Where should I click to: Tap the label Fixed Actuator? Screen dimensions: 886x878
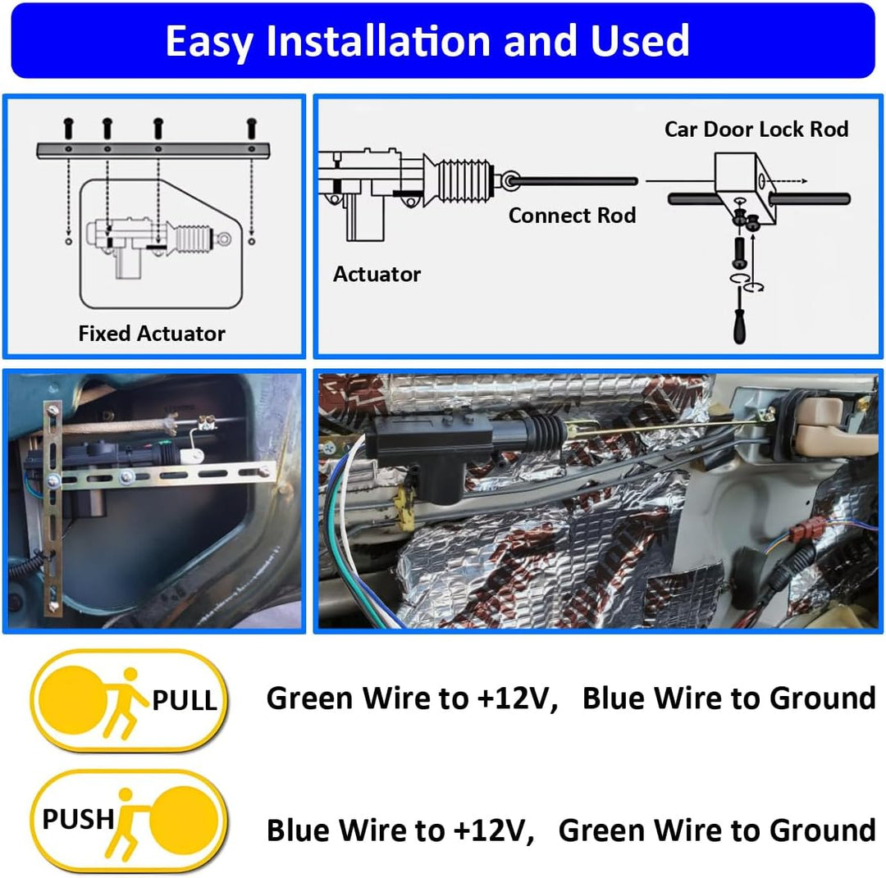[152, 333]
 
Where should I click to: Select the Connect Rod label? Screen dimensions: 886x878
[572, 215]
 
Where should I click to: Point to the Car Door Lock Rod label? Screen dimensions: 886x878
[756, 129]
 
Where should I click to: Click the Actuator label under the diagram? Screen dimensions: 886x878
[377, 274]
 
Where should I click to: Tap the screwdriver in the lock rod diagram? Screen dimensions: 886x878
[739, 315]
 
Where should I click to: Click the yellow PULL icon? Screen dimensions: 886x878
[130, 701]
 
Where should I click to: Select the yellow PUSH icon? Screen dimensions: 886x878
[130, 821]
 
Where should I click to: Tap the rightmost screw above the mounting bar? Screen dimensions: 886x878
[252, 128]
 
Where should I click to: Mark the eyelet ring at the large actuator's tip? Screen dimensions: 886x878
[511, 180]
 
